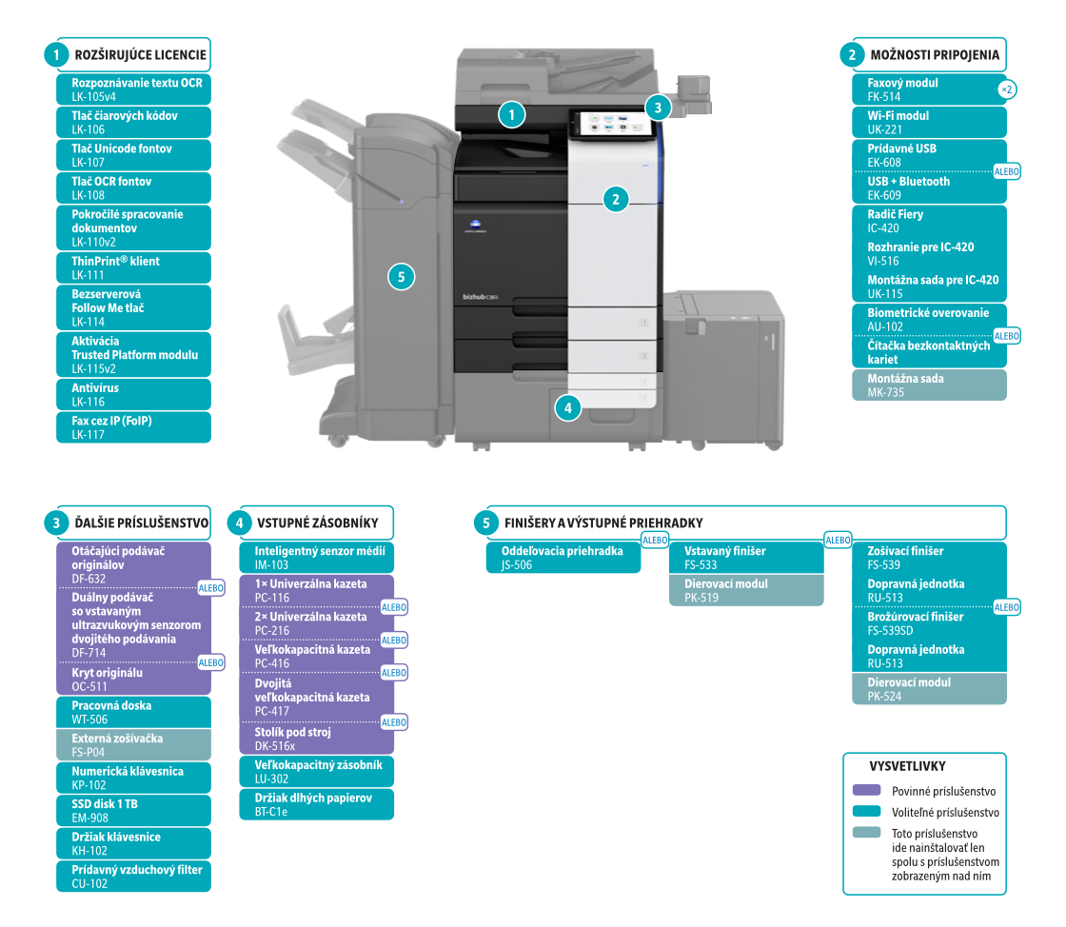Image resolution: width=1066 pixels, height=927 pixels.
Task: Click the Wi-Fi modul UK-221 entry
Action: click(928, 122)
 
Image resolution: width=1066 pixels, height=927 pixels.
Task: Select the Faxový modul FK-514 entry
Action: click(928, 89)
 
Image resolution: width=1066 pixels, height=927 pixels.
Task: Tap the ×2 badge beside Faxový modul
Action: click(1007, 89)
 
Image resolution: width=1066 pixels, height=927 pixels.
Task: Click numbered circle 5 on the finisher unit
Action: click(402, 277)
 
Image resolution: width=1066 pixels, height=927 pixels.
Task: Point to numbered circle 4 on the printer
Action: click(567, 408)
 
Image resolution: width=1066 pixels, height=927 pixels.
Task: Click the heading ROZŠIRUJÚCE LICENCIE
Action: click(140, 54)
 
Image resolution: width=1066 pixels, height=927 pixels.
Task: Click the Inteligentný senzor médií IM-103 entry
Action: click(316, 558)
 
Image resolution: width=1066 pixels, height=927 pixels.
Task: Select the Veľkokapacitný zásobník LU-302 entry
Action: click(316, 771)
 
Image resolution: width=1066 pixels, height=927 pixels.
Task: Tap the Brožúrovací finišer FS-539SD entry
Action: click(928, 623)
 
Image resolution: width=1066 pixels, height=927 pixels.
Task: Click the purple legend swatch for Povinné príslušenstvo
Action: click(867, 790)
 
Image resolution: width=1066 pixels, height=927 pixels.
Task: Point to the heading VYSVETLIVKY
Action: click(907, 765)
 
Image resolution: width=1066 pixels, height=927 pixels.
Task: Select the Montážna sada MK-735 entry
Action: click(928, 385)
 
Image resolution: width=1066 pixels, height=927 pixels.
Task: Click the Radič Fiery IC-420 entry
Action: click(928, 221)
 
